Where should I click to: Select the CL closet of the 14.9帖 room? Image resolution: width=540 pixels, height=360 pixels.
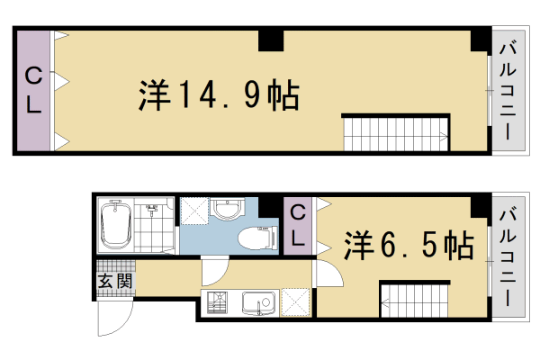(32, 91)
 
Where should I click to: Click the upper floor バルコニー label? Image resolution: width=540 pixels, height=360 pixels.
(506, 90)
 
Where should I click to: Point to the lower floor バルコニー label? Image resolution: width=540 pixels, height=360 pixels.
(506, 255)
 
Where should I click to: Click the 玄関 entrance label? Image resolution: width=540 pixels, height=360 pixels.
(114, 281)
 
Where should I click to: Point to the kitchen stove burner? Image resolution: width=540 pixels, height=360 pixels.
(216, 304)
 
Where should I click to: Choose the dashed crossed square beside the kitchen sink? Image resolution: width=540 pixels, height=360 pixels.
(295, 302)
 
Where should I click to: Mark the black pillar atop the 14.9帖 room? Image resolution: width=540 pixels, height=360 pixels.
(271, 40)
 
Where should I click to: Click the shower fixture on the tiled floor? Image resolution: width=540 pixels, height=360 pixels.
(154, 211)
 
